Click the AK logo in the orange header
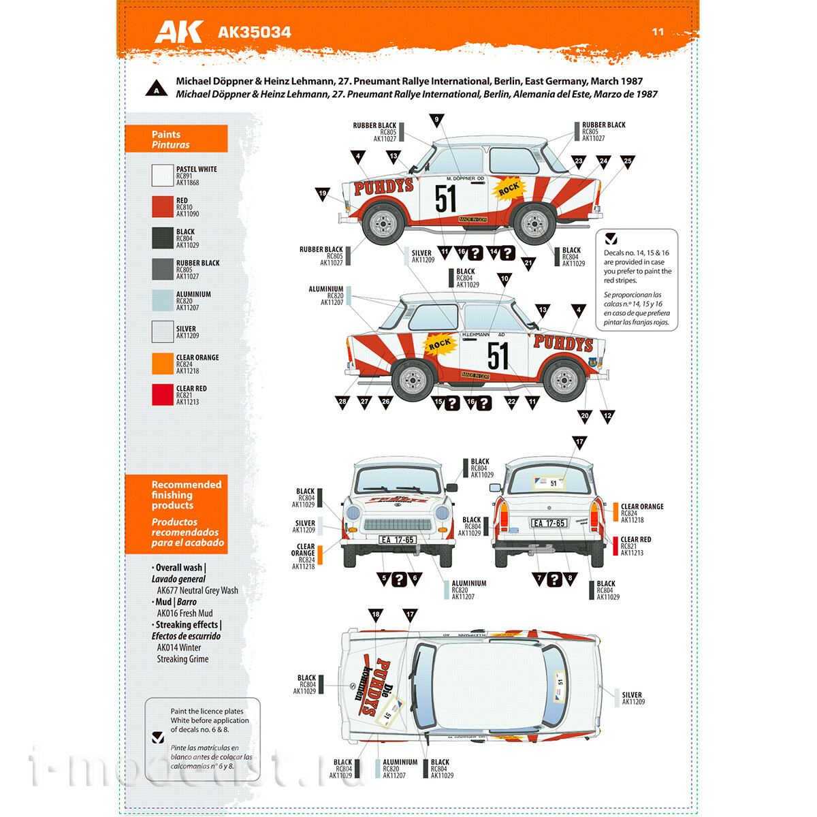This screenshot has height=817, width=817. (x=178, y=31)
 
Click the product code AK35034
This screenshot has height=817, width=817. (x=254, y=32)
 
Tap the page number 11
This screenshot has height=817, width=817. (x=658, y=31)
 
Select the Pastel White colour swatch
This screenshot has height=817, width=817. (x=163, y=176)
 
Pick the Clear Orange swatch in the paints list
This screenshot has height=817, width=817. (x=163, y=364)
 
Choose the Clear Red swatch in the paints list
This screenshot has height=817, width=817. (x=163, y=395)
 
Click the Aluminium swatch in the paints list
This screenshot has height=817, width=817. (x=163, y=301)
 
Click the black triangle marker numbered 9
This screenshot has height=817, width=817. (x=436, y=121)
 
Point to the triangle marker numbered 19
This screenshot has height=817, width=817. (x=323, y=194)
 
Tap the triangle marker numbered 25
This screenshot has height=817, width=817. (x=627, y=162)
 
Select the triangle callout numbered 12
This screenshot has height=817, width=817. (x=607, y=416)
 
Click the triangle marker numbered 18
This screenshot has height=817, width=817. (x=375, y=615)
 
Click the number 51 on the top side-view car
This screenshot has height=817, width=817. (x=446, y=199)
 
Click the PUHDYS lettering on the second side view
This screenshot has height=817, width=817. (x=562, y=342)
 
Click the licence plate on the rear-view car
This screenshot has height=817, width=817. (x=549, y=524)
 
